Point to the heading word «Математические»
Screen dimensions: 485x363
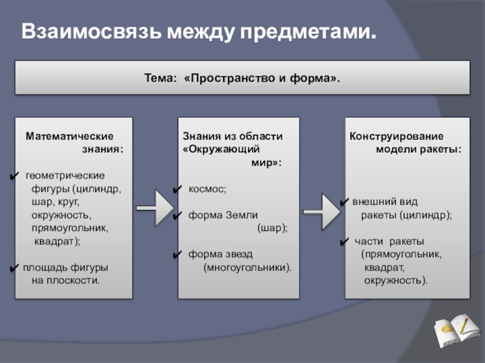(69, 137)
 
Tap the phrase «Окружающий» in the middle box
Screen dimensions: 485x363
(221, 148)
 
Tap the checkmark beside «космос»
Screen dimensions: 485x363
(176, 190)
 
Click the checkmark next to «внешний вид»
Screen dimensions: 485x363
(343, 202)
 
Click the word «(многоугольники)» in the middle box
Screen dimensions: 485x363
(247, 267)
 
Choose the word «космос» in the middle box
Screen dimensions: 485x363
(207, 189)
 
